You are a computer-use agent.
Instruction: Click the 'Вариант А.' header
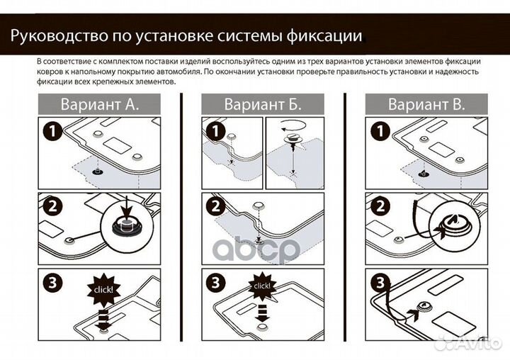[100, 105]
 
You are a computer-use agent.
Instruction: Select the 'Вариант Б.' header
[263, 105]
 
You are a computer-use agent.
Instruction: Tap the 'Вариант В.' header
[426, 105]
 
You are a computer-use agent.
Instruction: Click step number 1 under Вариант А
[50, 131]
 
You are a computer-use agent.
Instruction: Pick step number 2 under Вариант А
[50, 208]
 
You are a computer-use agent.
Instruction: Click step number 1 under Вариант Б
[214, 131]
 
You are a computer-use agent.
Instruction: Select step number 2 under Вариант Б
[214, 208]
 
